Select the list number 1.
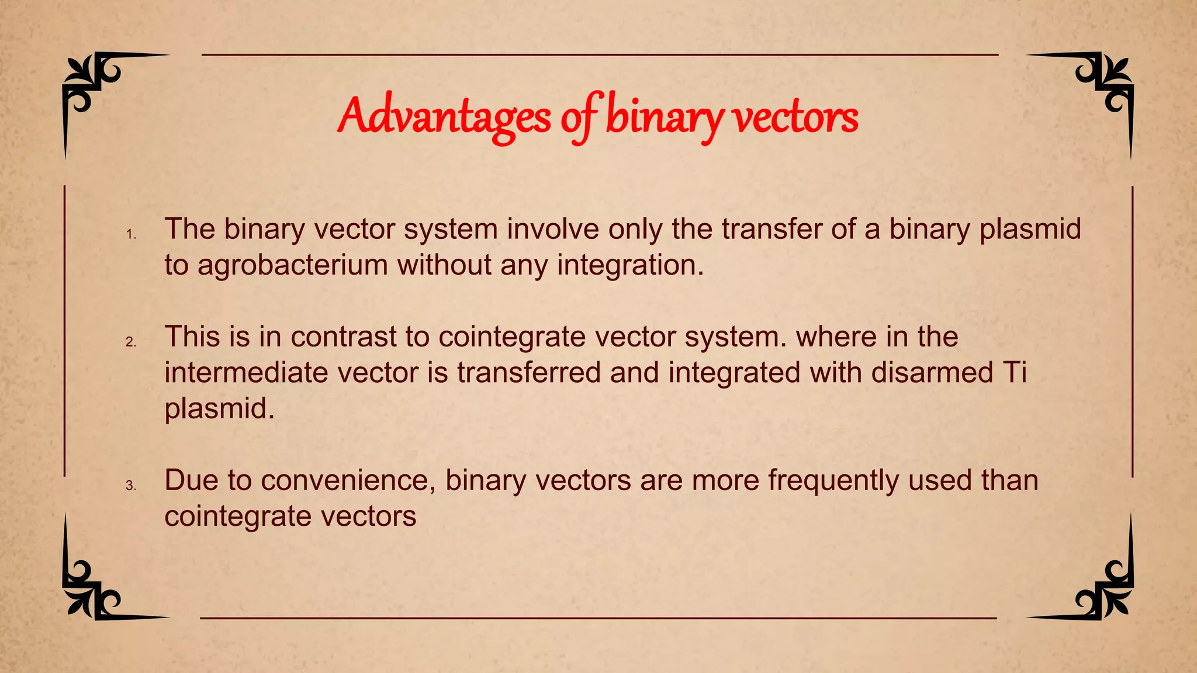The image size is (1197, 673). pos(131,235)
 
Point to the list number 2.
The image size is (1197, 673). pos(131,342)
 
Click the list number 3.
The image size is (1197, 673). pos(131,486)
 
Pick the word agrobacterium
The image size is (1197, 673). pos(293,265)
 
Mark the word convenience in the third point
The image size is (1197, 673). pos(348,481)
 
